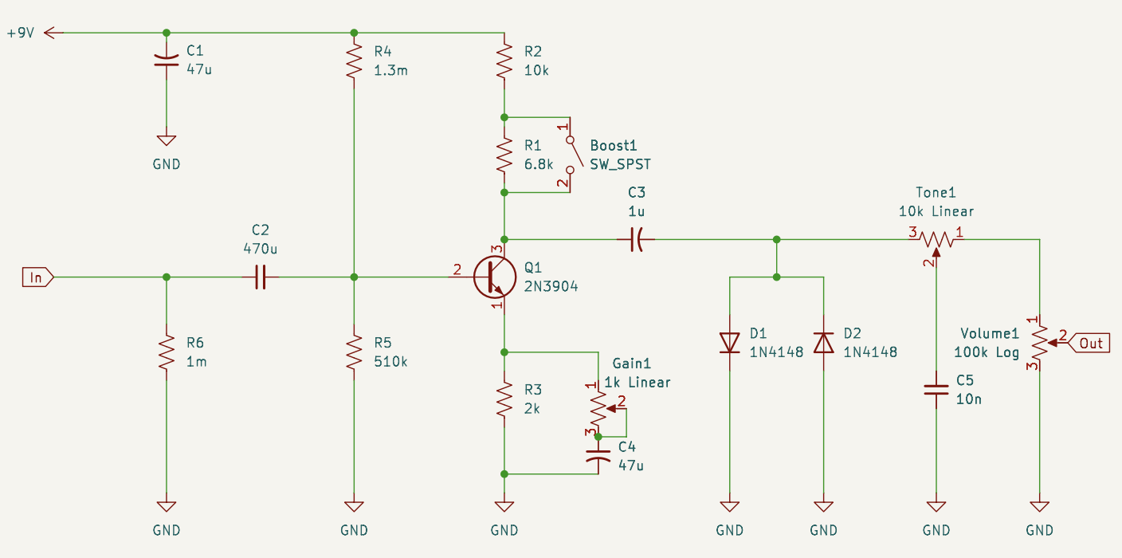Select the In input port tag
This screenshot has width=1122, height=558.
37,277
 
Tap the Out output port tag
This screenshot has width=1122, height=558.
1089,343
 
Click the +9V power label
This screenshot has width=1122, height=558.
21,33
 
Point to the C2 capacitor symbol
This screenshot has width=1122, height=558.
260,277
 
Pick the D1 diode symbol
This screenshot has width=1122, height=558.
730,342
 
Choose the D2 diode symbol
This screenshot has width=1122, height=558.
823,342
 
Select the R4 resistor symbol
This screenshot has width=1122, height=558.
354,61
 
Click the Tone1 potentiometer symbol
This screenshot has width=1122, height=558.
936,240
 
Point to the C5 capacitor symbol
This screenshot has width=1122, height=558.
936,390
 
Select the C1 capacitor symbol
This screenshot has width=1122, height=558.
166,61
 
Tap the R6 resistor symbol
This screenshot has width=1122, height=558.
166,352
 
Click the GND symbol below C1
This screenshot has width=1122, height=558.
166,141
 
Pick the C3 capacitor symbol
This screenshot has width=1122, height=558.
636,239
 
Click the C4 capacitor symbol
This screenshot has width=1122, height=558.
598,455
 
